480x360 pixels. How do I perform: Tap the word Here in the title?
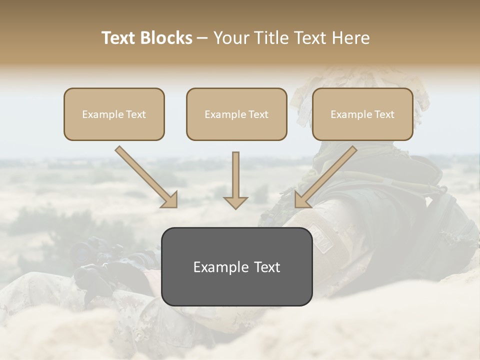coord(349,38)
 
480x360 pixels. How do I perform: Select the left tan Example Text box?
coord(114,114)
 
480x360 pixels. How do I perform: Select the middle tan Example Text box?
coord(236,114)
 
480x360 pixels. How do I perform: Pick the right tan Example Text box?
coord(362,114)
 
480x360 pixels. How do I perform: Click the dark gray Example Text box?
coord(236,266)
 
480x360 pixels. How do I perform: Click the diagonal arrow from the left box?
coord(145,176)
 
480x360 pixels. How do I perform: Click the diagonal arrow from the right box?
coord(325,176)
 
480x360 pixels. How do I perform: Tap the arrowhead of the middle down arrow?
coord(235,202)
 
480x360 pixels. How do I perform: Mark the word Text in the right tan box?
coord(384,114)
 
